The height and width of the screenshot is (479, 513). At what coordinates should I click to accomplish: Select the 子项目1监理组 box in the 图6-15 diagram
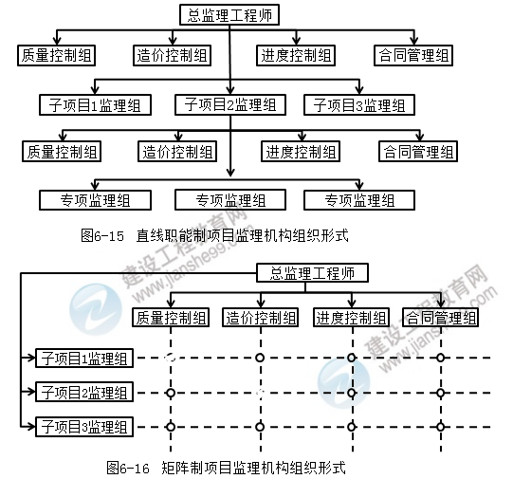(91, 103)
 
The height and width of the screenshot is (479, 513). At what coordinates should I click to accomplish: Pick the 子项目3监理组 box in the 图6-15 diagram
(358, 103)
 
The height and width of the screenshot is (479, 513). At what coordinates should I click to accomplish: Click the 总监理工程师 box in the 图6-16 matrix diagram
(312, 273)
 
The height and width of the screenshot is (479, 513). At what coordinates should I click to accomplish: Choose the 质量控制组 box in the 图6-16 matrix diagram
(170, 316)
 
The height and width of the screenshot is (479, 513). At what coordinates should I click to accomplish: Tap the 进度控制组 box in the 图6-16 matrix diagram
(351, 316)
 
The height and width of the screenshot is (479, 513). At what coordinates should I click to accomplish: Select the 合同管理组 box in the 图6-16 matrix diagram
(440, 316)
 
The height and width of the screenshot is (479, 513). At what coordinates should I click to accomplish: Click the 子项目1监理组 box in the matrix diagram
(84, 358)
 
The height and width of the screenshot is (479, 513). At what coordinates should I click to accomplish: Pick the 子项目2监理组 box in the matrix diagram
(84, 392)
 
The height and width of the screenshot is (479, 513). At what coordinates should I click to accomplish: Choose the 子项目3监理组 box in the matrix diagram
(84, 426)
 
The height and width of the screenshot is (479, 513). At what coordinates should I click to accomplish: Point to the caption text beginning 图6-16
(227, 467)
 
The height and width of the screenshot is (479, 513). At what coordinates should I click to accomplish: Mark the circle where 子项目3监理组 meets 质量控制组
(170, 426)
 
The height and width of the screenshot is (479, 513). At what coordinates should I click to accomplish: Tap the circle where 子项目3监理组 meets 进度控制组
(351, 426)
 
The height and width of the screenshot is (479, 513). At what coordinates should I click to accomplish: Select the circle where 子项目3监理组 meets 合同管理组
(440, 426)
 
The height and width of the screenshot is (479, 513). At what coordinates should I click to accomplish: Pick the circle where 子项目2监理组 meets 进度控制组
(351, 392)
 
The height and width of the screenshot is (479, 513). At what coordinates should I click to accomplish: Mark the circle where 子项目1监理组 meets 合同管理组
(440, 358)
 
